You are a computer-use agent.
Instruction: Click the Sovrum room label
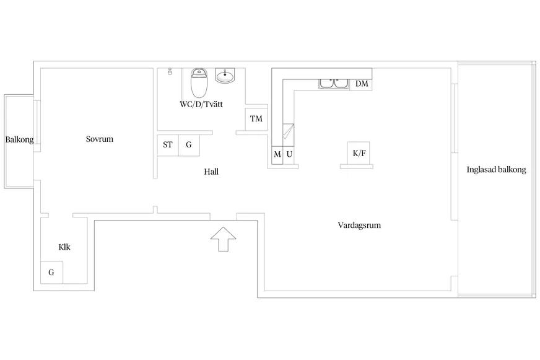pyautogui.click(x=100, y=139)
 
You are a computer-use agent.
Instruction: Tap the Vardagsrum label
pyautogui.click(x=359, y=226)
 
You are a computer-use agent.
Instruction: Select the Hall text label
pyautogui.click(x=211, y=172)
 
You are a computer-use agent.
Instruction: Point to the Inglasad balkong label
pyautogui.click(x=496, y=170)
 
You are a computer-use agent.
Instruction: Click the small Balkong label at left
pyautogui.click(x=19, y=139)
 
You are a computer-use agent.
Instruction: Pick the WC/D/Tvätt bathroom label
pyautogui.click(x=201, y=104)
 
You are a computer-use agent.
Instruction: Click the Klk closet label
pyautogui.click(x=64, y=247)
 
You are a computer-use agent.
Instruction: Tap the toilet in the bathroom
pyautogui.click(x=199, y=82)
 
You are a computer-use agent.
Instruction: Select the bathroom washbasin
pyautogui.click(x=225, y=76)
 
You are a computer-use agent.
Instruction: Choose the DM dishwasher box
pyautogui.click(x=361, y=84)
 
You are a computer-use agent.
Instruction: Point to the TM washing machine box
pyautogui.click(x=256, y=119)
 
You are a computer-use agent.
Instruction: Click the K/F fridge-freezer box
pyautogui.click(x=359, y=153)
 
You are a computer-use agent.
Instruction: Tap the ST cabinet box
pyautogui.click(x=168, y=145)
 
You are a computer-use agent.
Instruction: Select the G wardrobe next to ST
pyautogui.click(x=189, y=145)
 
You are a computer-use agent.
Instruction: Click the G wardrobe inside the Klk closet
pyautogui.click(x=51, y=273)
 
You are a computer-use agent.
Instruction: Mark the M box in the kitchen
pyautogui.click(x=277, y=154)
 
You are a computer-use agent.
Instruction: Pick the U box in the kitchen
pyautogui.click(x=289, y=154)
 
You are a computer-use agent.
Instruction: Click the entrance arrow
pyautogui.click(x=223, y=239)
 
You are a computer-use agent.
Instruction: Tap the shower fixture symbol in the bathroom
pyautogui.click(x=170, y=71)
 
